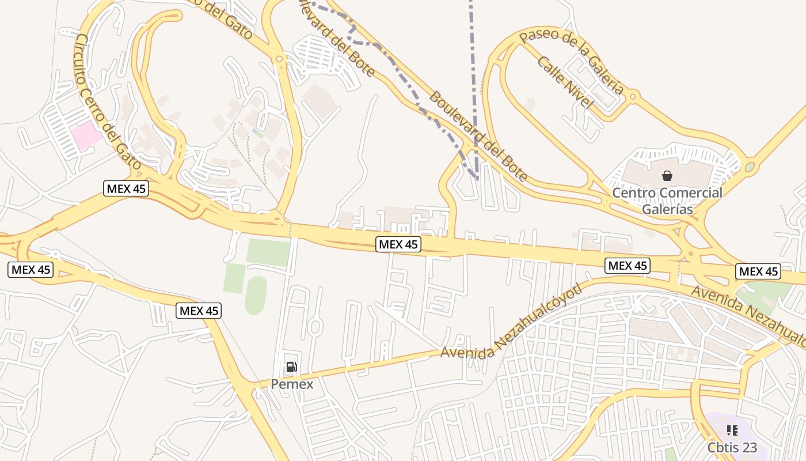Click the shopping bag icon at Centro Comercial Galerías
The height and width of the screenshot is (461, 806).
click(x=667, y=175)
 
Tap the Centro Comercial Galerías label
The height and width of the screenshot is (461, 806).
click(x=667, y=201)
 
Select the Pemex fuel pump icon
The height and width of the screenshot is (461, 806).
click(x=292, y=366)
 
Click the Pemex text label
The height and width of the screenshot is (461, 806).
click(x=292, y=384)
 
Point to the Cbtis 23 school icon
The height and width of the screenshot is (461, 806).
click(x=732, y=430)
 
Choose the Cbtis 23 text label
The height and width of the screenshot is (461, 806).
click(x=732, y=448)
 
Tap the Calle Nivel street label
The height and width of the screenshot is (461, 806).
click(x=564, y=82)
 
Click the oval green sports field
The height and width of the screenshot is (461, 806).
click(x=256, y=295)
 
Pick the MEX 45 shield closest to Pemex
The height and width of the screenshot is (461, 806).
click(x=199, y=311)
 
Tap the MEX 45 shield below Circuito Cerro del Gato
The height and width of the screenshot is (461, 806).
click(x=126, y=188)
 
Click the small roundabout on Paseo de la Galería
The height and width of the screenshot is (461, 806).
click(x=633, y=96)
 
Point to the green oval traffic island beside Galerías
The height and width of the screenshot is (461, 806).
click(x=750, y=167)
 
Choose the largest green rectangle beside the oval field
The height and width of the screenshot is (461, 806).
click(x=268, y=252)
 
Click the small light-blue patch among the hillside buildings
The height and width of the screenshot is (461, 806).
click(x=258, y=134)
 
